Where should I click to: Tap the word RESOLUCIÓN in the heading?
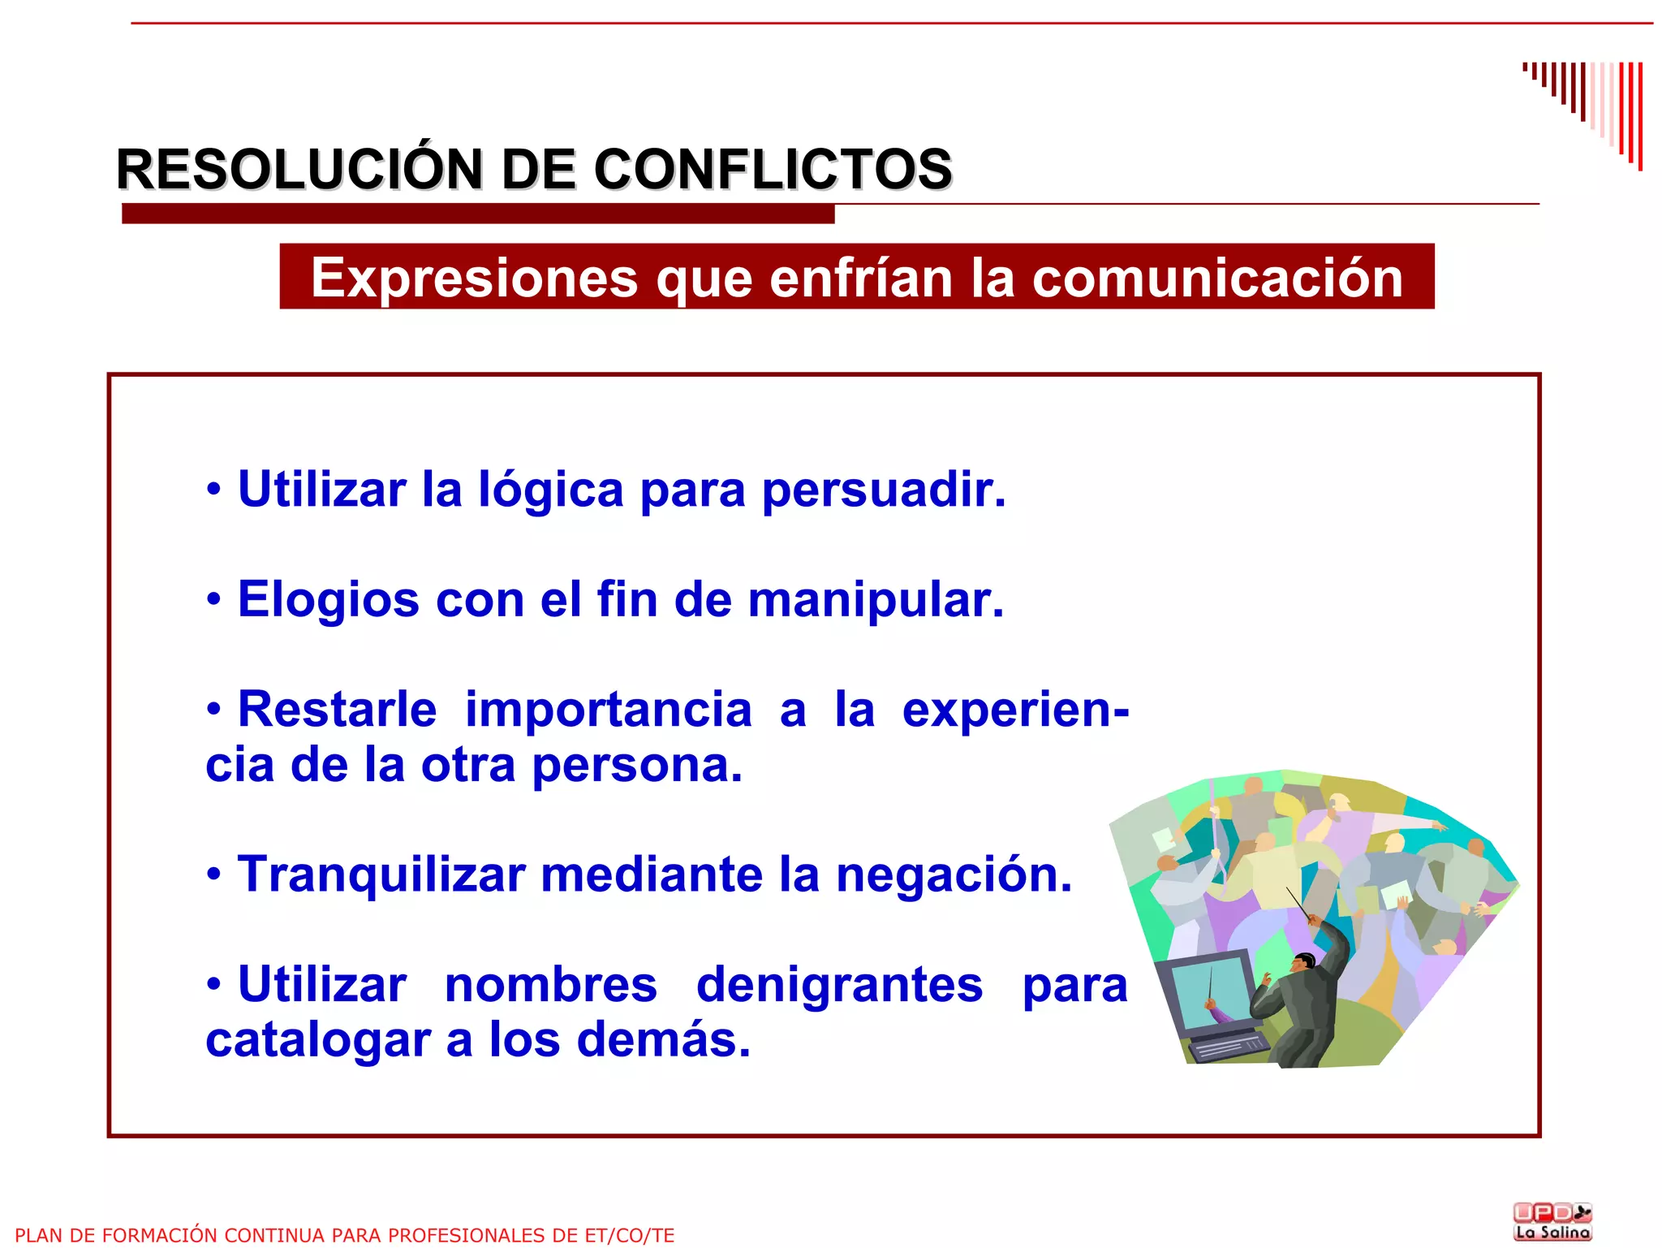click(299, 170)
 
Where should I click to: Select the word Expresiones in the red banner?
click(475, 279)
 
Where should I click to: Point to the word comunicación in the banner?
click(1217, 279)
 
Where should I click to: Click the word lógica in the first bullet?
click(551, 490)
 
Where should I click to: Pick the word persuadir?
click(884, 490)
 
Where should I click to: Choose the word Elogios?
click(328, 600)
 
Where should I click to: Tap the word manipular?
click(876, 600)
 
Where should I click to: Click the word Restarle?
click(337, 710)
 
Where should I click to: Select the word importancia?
click(608, 710)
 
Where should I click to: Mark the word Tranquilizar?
click(381, 875)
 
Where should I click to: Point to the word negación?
click(954, 875)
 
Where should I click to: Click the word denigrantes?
click(839, 985)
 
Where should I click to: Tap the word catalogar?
click(317, 1040)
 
